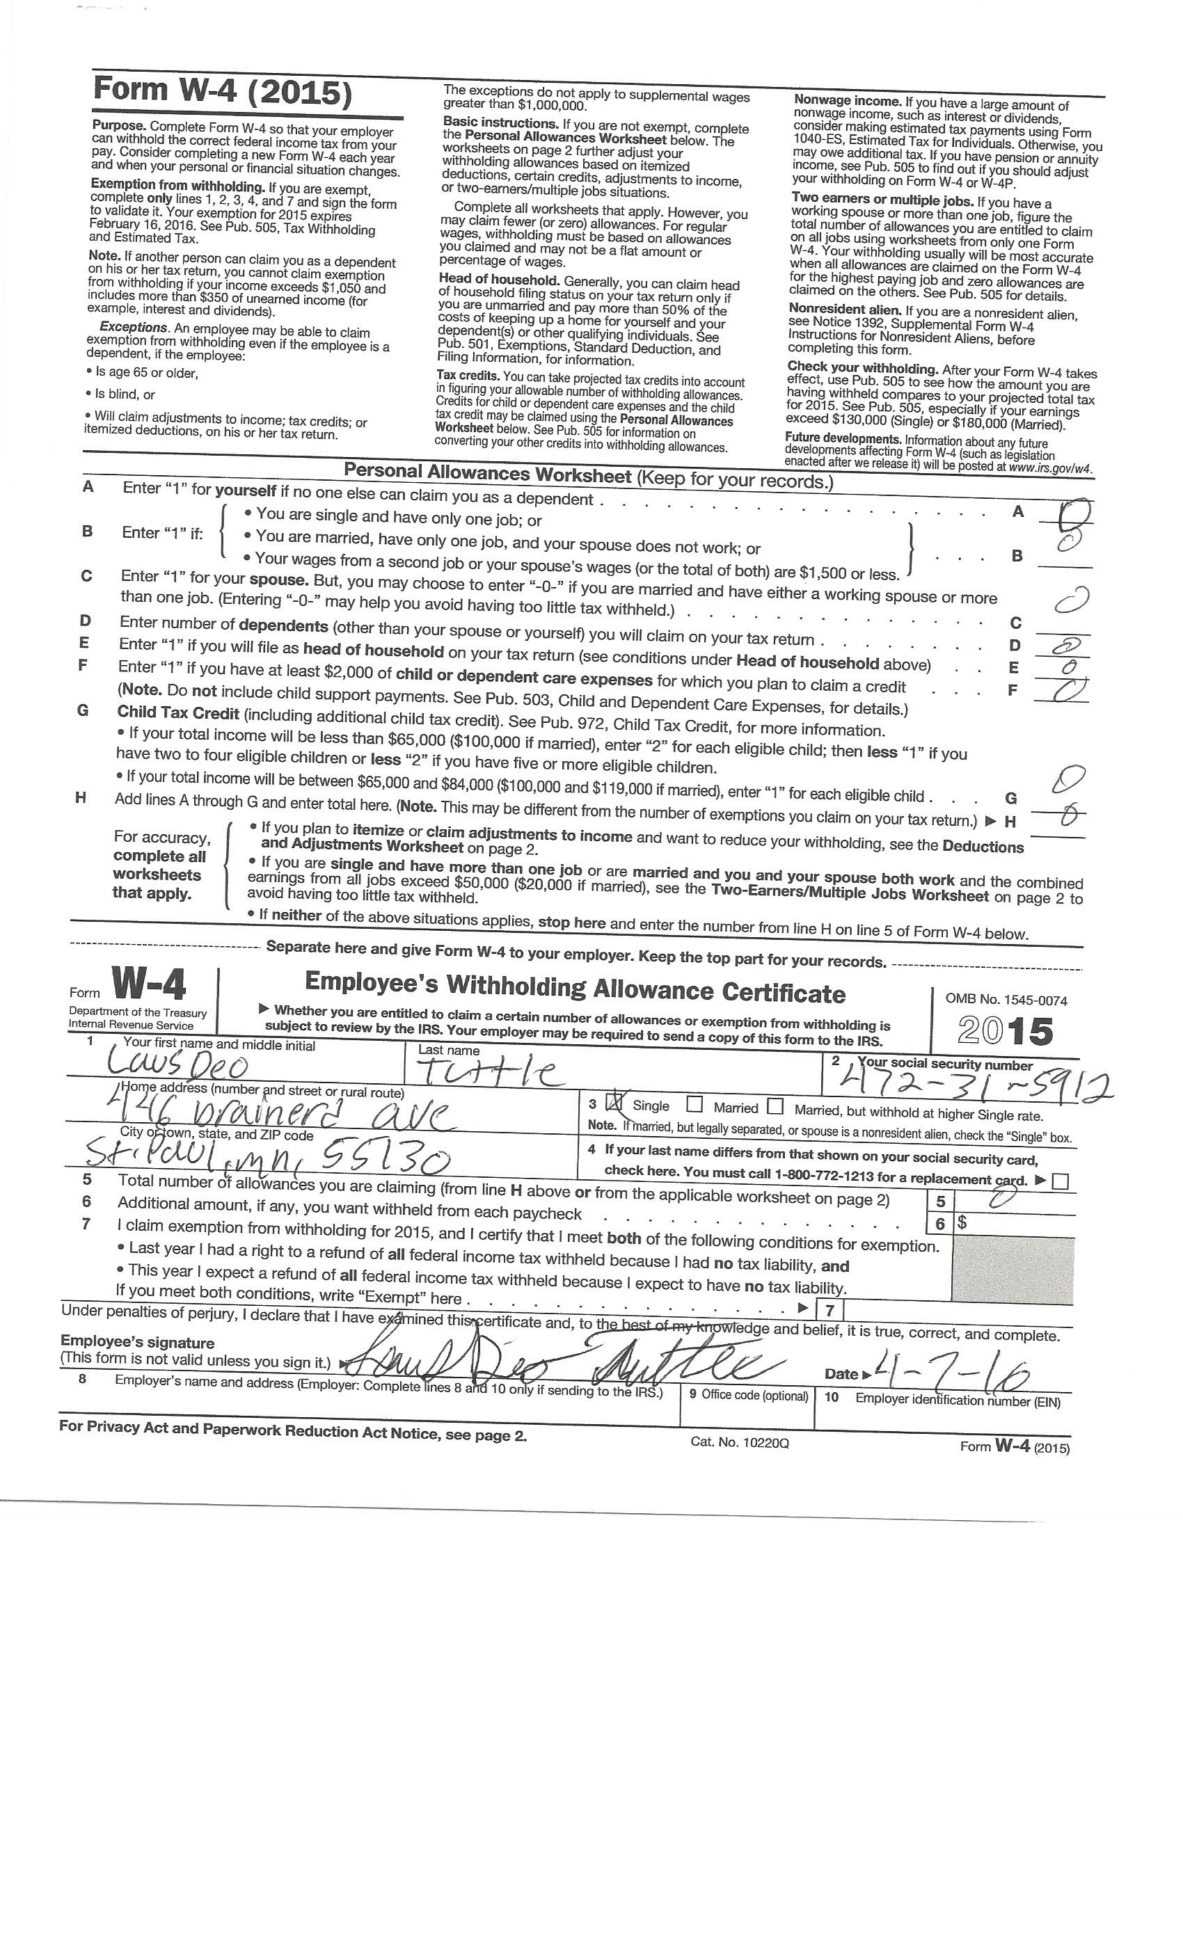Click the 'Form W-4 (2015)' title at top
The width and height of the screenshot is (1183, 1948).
click(222, 92)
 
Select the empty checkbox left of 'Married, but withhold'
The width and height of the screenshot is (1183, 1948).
click(776, 1105)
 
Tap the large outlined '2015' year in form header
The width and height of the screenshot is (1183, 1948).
click(1005, 1031)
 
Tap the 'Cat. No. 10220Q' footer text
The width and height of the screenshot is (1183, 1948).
click(739, 1442)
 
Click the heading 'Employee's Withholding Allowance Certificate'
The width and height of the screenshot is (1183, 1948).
click(575, 987)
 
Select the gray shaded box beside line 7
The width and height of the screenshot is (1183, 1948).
click(1013, 1270)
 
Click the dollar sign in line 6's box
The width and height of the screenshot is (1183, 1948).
click(962, 1222)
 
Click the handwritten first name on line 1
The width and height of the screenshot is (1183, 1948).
click(175, 1065)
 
